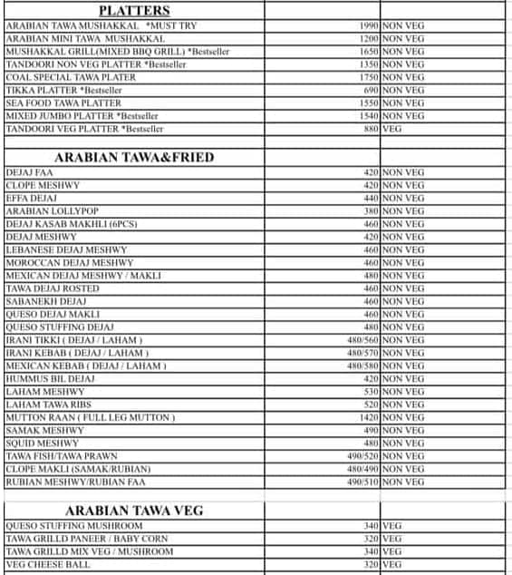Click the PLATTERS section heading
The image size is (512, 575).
click(134, 11)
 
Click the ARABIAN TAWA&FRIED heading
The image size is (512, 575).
click(134, 157)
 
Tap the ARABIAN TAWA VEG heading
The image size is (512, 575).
click(134, 511)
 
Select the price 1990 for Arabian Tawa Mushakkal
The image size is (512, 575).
click(366, 26)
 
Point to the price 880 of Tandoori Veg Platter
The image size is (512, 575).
click(370, 129)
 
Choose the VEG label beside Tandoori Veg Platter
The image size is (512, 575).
click(392, 129)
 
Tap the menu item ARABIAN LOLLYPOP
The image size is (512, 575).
click(53, 210)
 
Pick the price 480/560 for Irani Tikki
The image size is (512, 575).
click(362, 340)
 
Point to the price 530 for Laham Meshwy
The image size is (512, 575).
click(370, 392)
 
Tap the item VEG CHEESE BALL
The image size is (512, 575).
click(48, 564)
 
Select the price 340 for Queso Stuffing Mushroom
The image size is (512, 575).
click(370, 525)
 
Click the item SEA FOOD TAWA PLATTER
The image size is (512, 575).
click(63, 103)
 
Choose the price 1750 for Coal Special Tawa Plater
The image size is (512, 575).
click(366, 78)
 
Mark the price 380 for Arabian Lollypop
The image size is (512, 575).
click(370, 210)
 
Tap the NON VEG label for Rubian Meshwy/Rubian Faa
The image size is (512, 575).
click(403, 482)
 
